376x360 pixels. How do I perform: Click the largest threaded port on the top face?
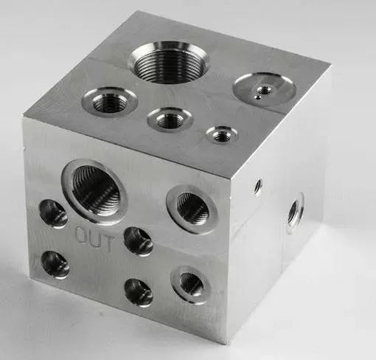pos(170,62)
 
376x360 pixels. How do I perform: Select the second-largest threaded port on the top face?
pos(110,101)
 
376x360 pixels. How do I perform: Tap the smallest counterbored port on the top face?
pos(222,135)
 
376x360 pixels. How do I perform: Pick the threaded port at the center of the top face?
pos(170,120)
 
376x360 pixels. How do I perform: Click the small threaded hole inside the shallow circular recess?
pos(264,90)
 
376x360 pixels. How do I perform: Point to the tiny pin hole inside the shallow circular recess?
pos(258,97)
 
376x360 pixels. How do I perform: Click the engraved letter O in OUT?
pos(80,235)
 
